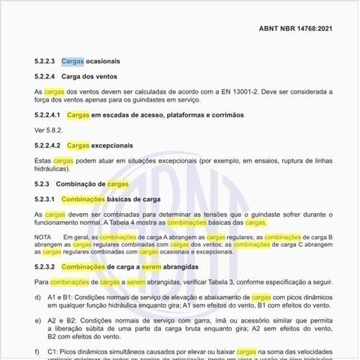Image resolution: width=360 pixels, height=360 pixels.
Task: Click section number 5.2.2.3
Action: (x=47, y=62)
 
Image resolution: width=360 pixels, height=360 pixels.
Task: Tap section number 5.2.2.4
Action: (x=47, y=76)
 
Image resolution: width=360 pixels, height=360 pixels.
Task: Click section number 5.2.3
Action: (x=44, y=184)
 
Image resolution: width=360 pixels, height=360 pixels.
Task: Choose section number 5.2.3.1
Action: (x=47, y=199)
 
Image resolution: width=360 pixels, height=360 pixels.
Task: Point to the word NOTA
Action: (x=44, y=237)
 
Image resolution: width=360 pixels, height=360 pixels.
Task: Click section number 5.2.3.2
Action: (x=47, y=267)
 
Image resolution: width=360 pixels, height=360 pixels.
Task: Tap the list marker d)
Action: (x=37, y=297)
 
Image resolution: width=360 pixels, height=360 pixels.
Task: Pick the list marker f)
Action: (x=37, y=351)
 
